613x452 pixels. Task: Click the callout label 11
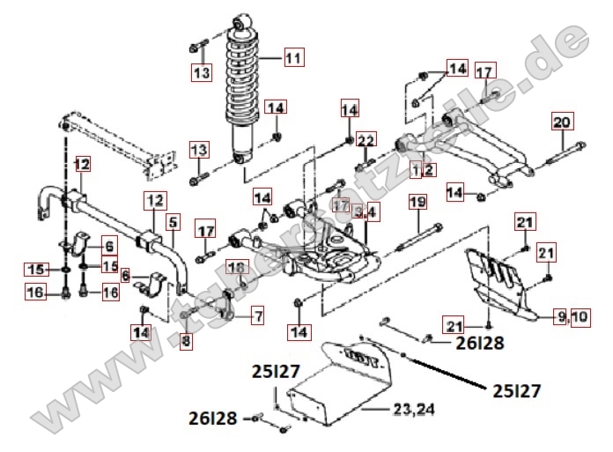click(x=292, y=58)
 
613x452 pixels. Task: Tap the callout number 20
click(x=562, y=122)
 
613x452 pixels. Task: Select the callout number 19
click(x=417, y=204)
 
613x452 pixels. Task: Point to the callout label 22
click(x=366, y=139)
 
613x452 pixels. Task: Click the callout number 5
click(x=172, y=223)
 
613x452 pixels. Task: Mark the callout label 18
click(x=237, y=268)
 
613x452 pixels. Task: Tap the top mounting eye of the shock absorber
click(x=243, y=19)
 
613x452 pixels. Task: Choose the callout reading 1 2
click(x=423, y=168)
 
